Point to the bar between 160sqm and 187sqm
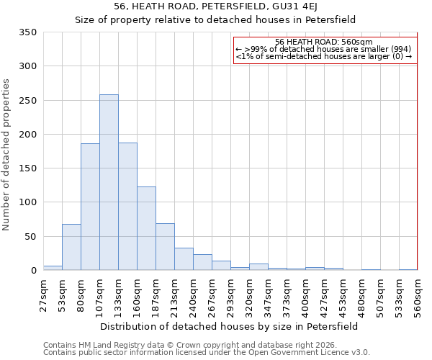[x=146, y=228]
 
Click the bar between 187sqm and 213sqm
[x=165, y=247]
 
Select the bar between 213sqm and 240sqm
[x=184, y=258]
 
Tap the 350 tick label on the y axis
[x=27, y=32]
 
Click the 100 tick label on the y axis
[x=27, y=202]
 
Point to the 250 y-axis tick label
[x=27, y=101]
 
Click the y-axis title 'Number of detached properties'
[x=7, y=155]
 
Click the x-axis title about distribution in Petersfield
[x=228, y=326]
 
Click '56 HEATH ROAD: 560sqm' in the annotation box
[x=323, y=42]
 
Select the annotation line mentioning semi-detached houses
[x=323, y=57]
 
